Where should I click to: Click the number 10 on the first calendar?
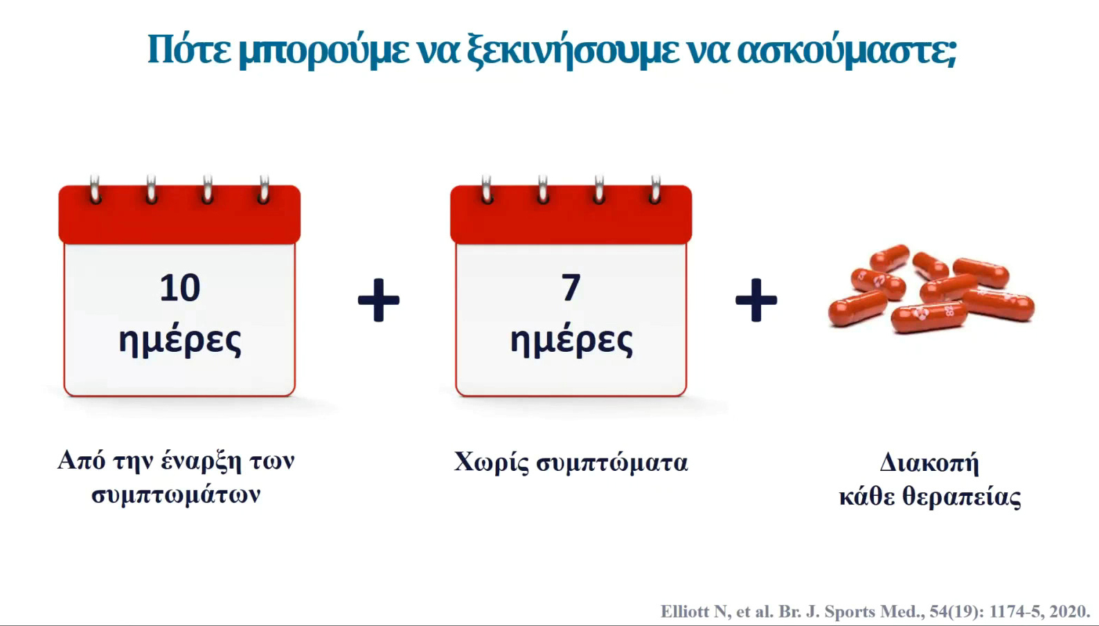coord(180,288)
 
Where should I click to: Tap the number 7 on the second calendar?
coord(571,288)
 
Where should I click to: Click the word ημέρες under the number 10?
coord(180,341)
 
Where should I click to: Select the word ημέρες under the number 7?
coord(571,341)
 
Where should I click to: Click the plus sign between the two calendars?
coord(379,301)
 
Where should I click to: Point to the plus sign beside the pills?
coord(756,301)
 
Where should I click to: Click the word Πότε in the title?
coord(189,50)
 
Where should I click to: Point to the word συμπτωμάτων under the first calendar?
coord(176,495)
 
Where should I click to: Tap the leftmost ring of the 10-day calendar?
coord(95,190)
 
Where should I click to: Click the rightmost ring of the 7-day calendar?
coord(656,190)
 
